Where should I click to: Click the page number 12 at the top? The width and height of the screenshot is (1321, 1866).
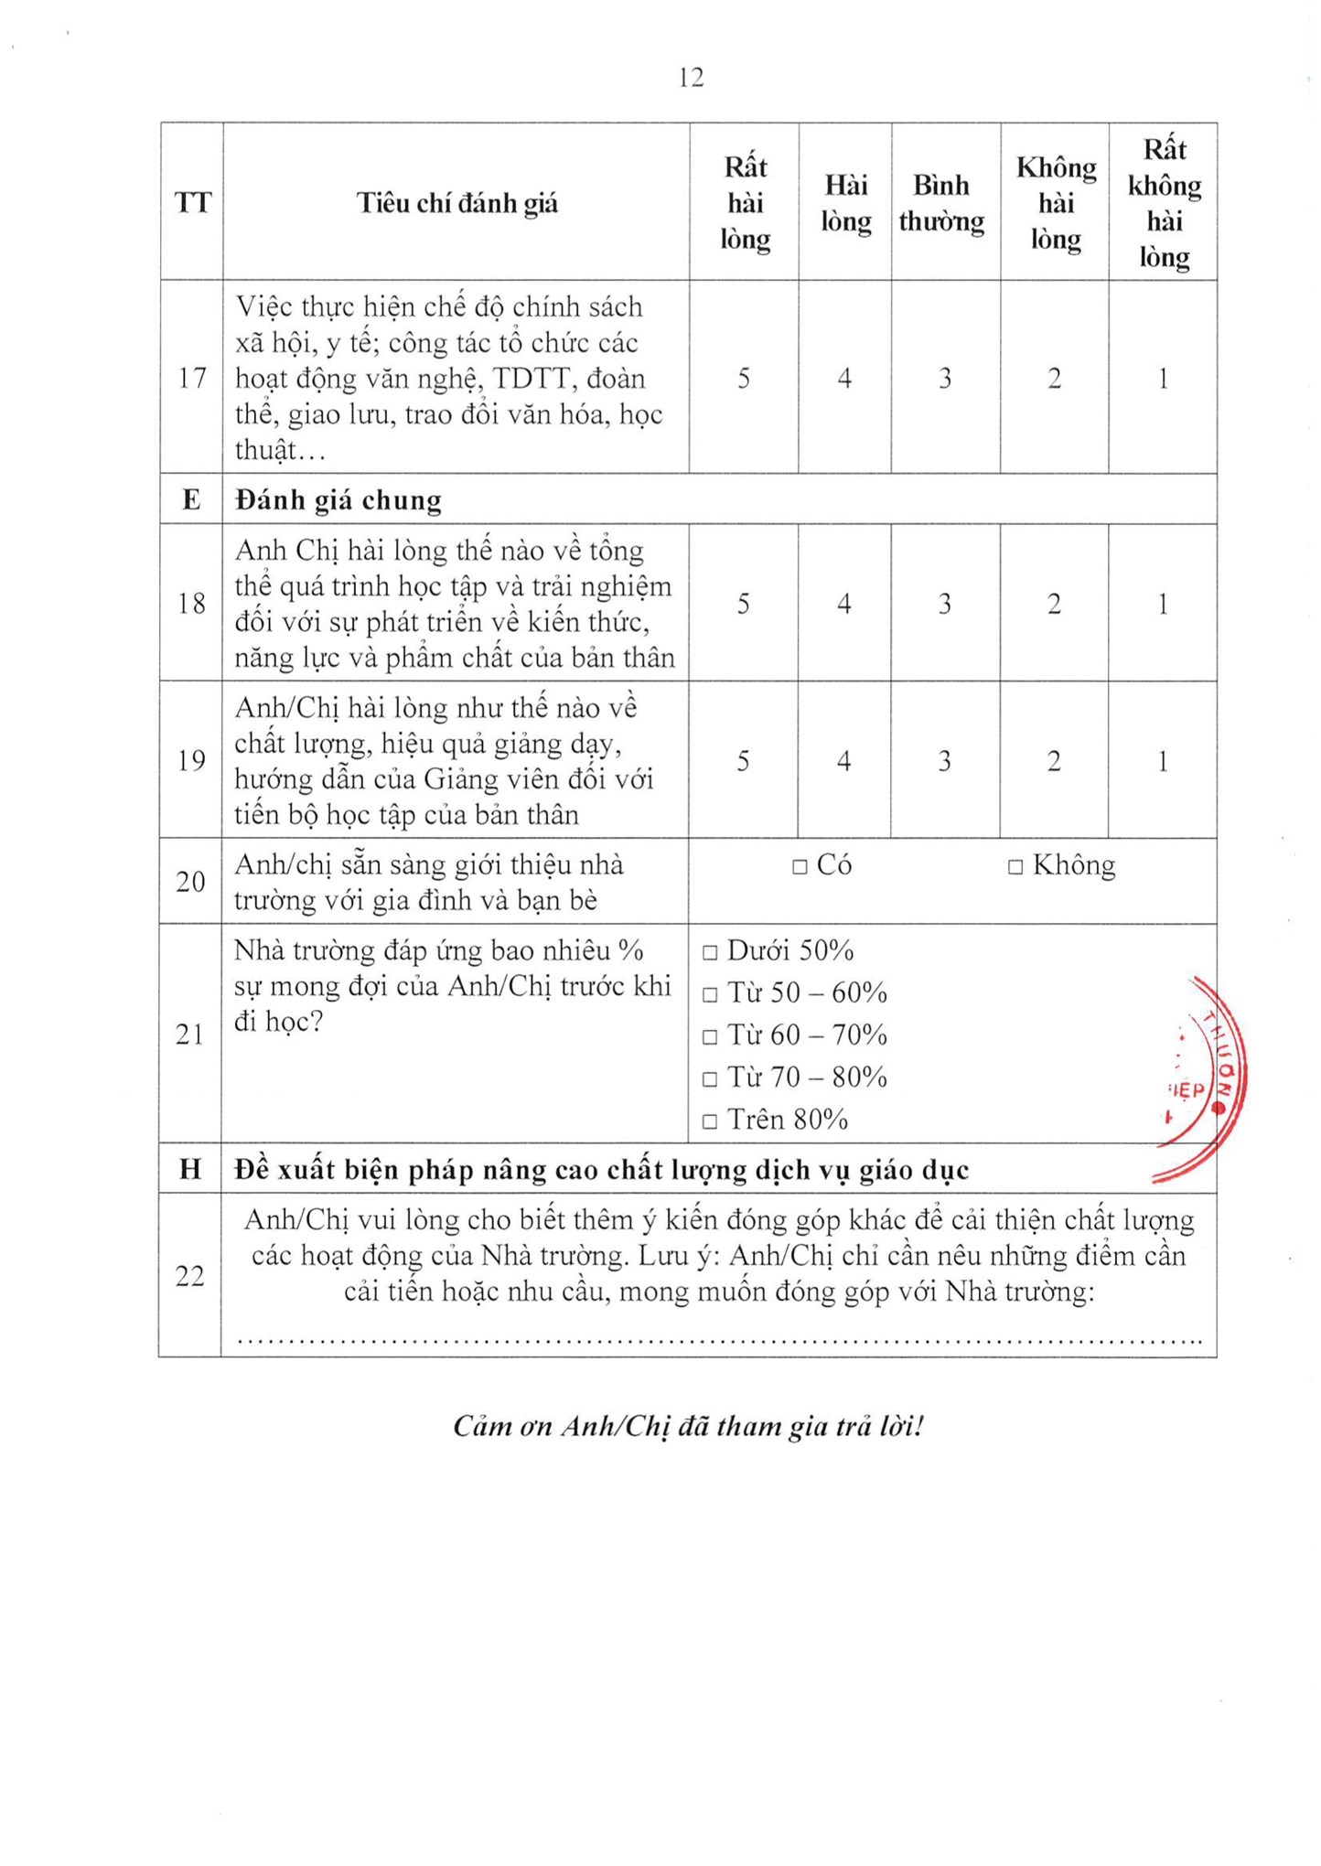tap(691, 78)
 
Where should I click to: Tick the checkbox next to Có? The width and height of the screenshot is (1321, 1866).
tap(800, 866)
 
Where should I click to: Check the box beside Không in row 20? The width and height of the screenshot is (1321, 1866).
tap(1015, 866)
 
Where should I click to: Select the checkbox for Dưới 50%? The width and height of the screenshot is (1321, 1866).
tap(710, 953)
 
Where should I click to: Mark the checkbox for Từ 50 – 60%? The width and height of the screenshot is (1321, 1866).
tap(710, 995)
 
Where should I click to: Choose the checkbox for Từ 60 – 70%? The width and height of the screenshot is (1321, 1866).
tap(710, 1037)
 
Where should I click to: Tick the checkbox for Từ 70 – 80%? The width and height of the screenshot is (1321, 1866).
tap(710, 1079)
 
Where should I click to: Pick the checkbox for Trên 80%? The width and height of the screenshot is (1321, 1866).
tap(710, 1121)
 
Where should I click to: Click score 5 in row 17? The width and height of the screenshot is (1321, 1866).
tap(744, 379)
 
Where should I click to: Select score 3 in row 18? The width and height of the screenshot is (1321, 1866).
tap(945, 604)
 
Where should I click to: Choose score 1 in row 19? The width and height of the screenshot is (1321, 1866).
tap(1163, 761)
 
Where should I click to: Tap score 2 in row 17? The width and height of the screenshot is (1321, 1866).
tap(1054, 379)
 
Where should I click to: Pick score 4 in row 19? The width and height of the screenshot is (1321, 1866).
tap(843, 761)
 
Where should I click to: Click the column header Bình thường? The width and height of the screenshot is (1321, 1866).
tap(941, 203)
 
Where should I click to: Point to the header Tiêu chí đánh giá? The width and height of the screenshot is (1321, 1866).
tap(456, 203)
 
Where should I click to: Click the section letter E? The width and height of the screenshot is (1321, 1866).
tap(191, 499)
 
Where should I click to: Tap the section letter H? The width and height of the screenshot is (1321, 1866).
tap(190, 1169)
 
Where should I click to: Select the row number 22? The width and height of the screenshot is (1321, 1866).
tap(189, 1275)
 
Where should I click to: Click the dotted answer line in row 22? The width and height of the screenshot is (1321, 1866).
tap(719, 1341)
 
